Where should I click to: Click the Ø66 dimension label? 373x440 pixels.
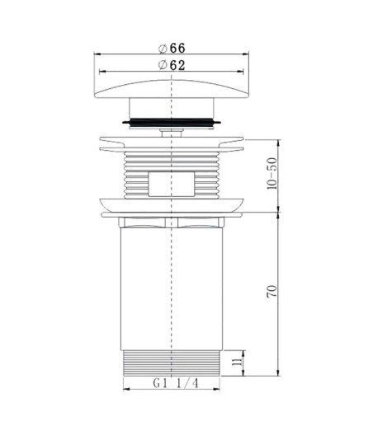coord(172,49)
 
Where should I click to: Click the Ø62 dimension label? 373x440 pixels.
coord(172,65)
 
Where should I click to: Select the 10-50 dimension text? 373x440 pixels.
coord(272,174)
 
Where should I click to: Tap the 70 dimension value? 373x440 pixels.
coord(272,292)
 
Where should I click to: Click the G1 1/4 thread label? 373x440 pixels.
coord(176,383)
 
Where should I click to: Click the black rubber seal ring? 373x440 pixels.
coord(172,122)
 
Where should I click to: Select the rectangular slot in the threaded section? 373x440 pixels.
coord(172,184)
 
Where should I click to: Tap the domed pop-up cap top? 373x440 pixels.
coord(172,89)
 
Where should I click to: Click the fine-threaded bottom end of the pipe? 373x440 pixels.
coord(172,363)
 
